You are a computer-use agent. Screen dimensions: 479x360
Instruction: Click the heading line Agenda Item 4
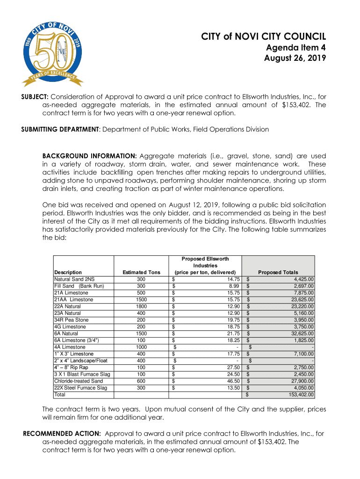pyautogui.click(x=296, y=48)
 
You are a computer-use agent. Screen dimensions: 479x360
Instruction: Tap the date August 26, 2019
pyautogui.click(x=295, y=58)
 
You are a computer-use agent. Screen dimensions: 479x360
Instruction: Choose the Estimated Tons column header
pyautogui.click(x=141, y=272)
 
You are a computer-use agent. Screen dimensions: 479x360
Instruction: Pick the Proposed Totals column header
pyautogui.click(x=278, y=272)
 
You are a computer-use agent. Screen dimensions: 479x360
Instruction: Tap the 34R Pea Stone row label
pyautogui.click(x=71, y=320)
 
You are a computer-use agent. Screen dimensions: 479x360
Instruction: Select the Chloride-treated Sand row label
pyautogui.click(x=78, y=381)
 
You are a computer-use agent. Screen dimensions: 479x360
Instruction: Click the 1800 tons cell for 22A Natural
pyautogui.click(x=141, y=306)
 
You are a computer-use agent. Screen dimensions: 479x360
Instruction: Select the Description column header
pyautogui.click(x=68, y=272)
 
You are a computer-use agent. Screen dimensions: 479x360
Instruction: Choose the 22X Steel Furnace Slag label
pyautogui.click(x=80, y=388)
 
